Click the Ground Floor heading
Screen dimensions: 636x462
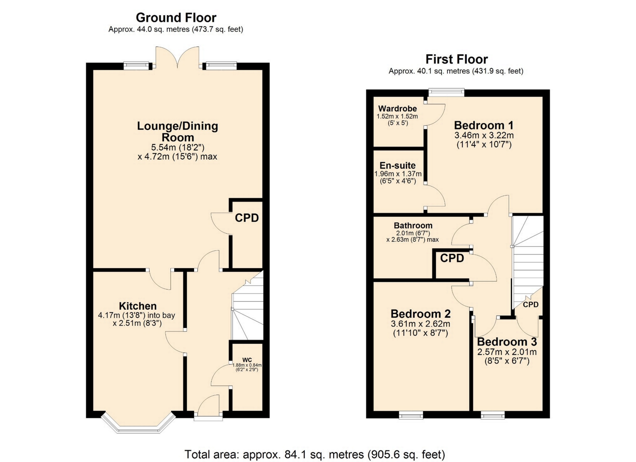tap(176, 18)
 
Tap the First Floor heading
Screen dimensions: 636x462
tap(456, 59)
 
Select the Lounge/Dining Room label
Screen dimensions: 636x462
tap(178, 131)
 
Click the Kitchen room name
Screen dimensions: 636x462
tap(138, 306)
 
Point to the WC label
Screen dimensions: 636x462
tap(247, 360)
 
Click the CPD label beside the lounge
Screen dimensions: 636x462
tap(247, 218)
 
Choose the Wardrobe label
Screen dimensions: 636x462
tap(397, 109)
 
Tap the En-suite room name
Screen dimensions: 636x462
tap(397, 165)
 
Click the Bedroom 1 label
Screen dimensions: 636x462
tap(484, 125)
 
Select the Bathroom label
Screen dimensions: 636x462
tap(413, 225)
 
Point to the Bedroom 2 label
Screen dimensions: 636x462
tap(421, 314)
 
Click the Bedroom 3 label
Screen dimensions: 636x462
tap(507, 342)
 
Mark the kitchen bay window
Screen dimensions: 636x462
tap(138, 427)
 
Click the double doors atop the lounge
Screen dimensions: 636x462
tap(178, 57)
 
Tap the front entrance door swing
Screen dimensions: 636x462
tap(208, 404)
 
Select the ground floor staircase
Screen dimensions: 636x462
tap(247, 306)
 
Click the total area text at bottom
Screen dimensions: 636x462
tap(315, 454)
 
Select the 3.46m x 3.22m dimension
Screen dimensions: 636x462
tap(484, 135)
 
